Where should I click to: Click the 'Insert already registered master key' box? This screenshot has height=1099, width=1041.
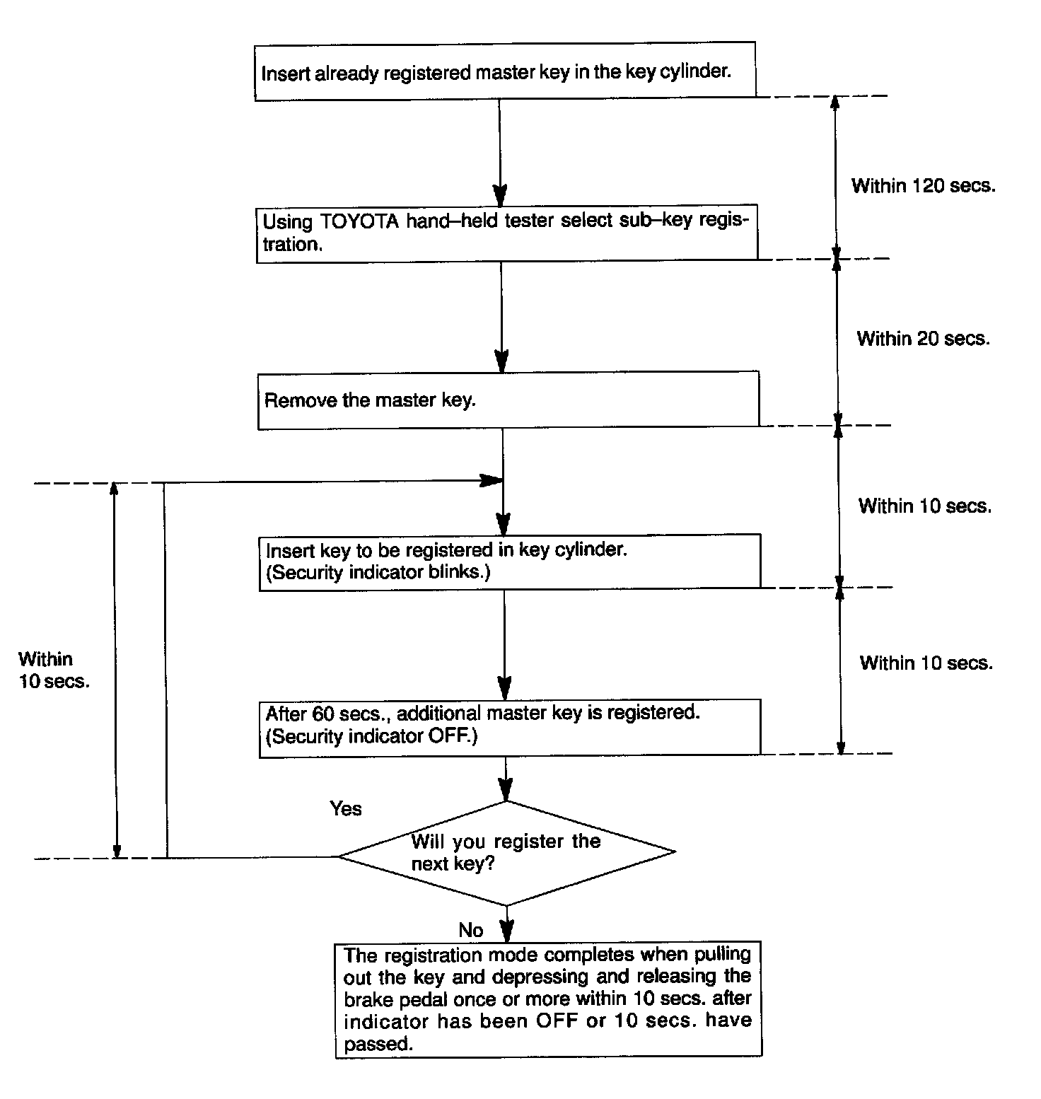[504, 71]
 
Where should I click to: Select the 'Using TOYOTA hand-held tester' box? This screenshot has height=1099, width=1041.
[506, 233]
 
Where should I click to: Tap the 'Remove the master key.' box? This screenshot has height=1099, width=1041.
[508, 400]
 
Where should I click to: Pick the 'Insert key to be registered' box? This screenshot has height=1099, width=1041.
[509, 562]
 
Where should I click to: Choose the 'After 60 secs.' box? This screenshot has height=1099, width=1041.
[509, 726]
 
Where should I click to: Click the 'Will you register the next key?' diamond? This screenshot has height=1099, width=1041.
[506, 852]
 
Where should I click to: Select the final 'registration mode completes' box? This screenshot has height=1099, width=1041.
[548, 999]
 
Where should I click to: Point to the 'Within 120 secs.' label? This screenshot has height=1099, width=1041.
[923, 186]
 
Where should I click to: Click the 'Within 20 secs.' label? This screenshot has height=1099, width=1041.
[923, 339]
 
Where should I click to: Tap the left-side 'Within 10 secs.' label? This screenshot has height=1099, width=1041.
[53, 670]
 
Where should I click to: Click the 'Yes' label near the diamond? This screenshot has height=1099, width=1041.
[346, 808]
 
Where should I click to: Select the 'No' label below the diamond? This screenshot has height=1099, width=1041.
[471, 929]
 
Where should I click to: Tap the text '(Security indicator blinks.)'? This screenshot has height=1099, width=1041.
[378, 572]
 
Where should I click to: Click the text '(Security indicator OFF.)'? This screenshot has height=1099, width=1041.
[372, 736]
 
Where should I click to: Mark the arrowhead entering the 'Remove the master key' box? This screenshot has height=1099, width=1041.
[501, 363]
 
